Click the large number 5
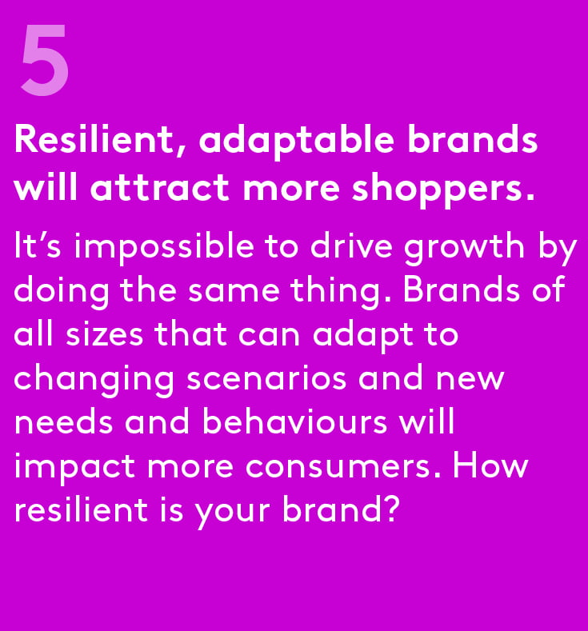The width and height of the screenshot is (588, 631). coord(45,60)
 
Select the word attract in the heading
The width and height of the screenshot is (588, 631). coord(160,188)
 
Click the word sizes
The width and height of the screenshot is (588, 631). coord(104,334)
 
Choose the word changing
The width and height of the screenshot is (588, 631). coord(94,380)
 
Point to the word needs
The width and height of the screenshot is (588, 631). coord(63,421)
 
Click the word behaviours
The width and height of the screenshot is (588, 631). coord(294,421)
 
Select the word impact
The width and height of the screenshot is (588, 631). coord(75,468)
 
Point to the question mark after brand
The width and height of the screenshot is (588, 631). coord(390,509)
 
